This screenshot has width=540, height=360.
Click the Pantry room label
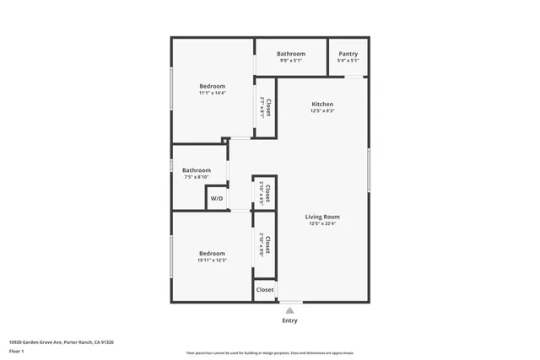pyautogui.click(x=348, y=54)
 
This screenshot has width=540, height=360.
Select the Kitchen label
pyautogui.click(x=322, y=104)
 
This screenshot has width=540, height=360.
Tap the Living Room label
pyautogui.click(x=322, y=217)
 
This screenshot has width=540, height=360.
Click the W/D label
pyautogui.click(x=217, y=199)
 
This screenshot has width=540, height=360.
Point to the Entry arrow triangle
pyautogui.click(x=289, y=310)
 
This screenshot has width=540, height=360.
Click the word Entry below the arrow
pyautogui.click(x=289, y=320)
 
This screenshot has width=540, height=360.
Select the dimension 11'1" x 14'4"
pyautogui.click(x=212, y=93)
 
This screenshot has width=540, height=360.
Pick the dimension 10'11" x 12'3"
pyautogui.click(x=212, y=261)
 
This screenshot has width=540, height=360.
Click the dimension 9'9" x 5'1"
pyautogui.click(x=291, y=61)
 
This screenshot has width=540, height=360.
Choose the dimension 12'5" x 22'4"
pyautogui.click(x=322, y=224)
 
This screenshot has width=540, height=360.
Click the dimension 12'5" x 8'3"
pyautogui.click(x=322, y=111)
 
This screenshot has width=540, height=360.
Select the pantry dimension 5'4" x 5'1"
pyautogui.click(x=348, y=61)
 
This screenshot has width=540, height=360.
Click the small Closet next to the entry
pyautogui.click(x=265, y=289)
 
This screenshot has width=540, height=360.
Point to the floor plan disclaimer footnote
pyautogui.click(x=269, y=353)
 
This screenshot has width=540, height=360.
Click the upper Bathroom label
pyautogui.click(x=291, y=54)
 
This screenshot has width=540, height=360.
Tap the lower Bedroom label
pyautogui.click(x=212, y=254)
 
